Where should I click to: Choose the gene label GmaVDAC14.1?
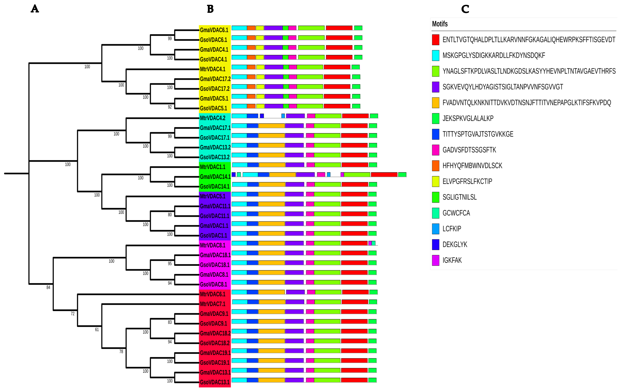215,177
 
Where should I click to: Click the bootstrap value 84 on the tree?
48,287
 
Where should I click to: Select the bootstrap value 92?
170,107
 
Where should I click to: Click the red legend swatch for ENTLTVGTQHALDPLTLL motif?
435,40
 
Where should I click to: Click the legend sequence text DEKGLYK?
455,245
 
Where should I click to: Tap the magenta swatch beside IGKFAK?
435,260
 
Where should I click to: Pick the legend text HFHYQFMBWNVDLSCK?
472,166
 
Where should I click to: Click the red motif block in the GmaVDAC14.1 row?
384,175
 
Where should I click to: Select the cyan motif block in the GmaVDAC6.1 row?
239,28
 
